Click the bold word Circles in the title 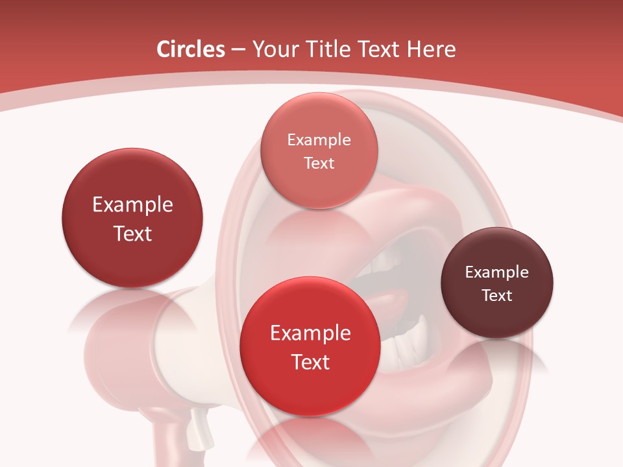[x=190, y=49]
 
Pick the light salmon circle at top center [x=319, y=188]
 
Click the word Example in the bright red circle [x=310, y=333]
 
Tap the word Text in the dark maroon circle [x=497, y=296]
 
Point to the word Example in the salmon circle [x=319, y=140]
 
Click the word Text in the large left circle [x=132, y=234]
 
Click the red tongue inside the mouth [x=389, y=302]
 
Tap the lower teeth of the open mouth [x=406, y=344]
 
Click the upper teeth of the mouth [x=389, y=263]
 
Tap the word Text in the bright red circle [x=310, y=362]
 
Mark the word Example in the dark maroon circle [x=497, y=272]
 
